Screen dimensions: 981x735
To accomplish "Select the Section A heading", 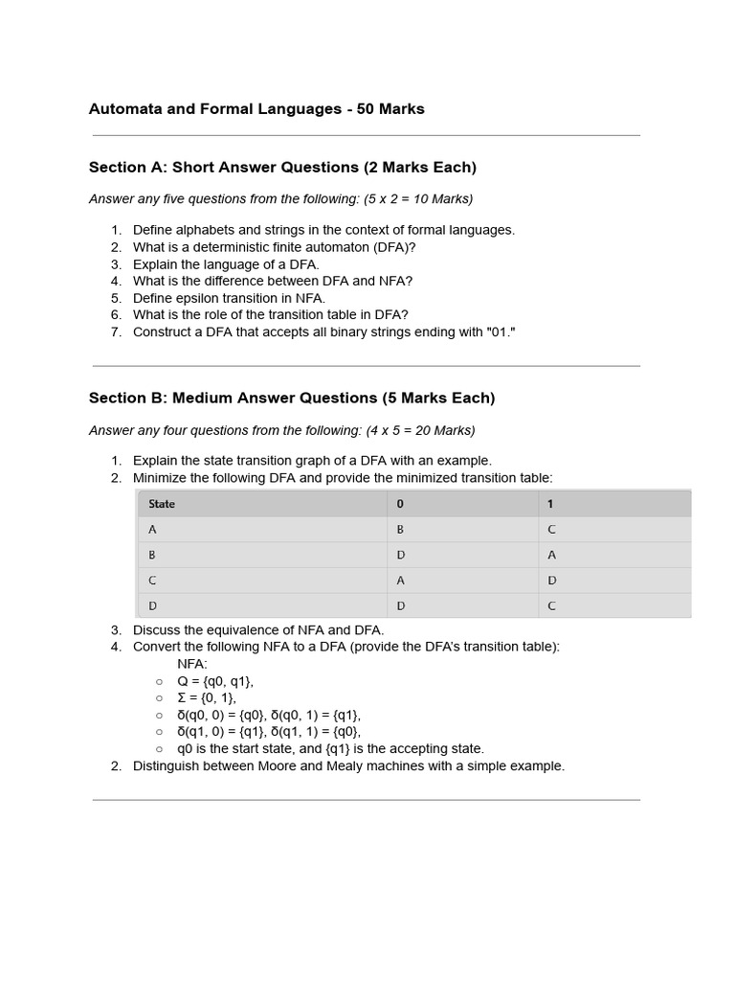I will (282, 168).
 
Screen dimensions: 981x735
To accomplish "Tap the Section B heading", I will (292, 398).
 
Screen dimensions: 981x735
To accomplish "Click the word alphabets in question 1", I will (203, 230).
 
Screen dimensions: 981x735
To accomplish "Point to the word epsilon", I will (205, 298).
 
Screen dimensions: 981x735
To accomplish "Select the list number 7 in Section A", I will (116, 332).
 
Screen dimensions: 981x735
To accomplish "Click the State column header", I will (162, 504).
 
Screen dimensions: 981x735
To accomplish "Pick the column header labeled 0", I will (400, 504).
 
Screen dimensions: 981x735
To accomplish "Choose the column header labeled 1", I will (550, 504).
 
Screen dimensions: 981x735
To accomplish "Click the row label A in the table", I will (152, 530).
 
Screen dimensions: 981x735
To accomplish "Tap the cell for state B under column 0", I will (400, 555).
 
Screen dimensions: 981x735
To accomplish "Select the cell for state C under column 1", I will (551, 581).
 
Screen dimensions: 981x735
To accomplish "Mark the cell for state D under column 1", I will (551, 605).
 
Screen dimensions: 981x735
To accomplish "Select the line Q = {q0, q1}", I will (215, 681).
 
